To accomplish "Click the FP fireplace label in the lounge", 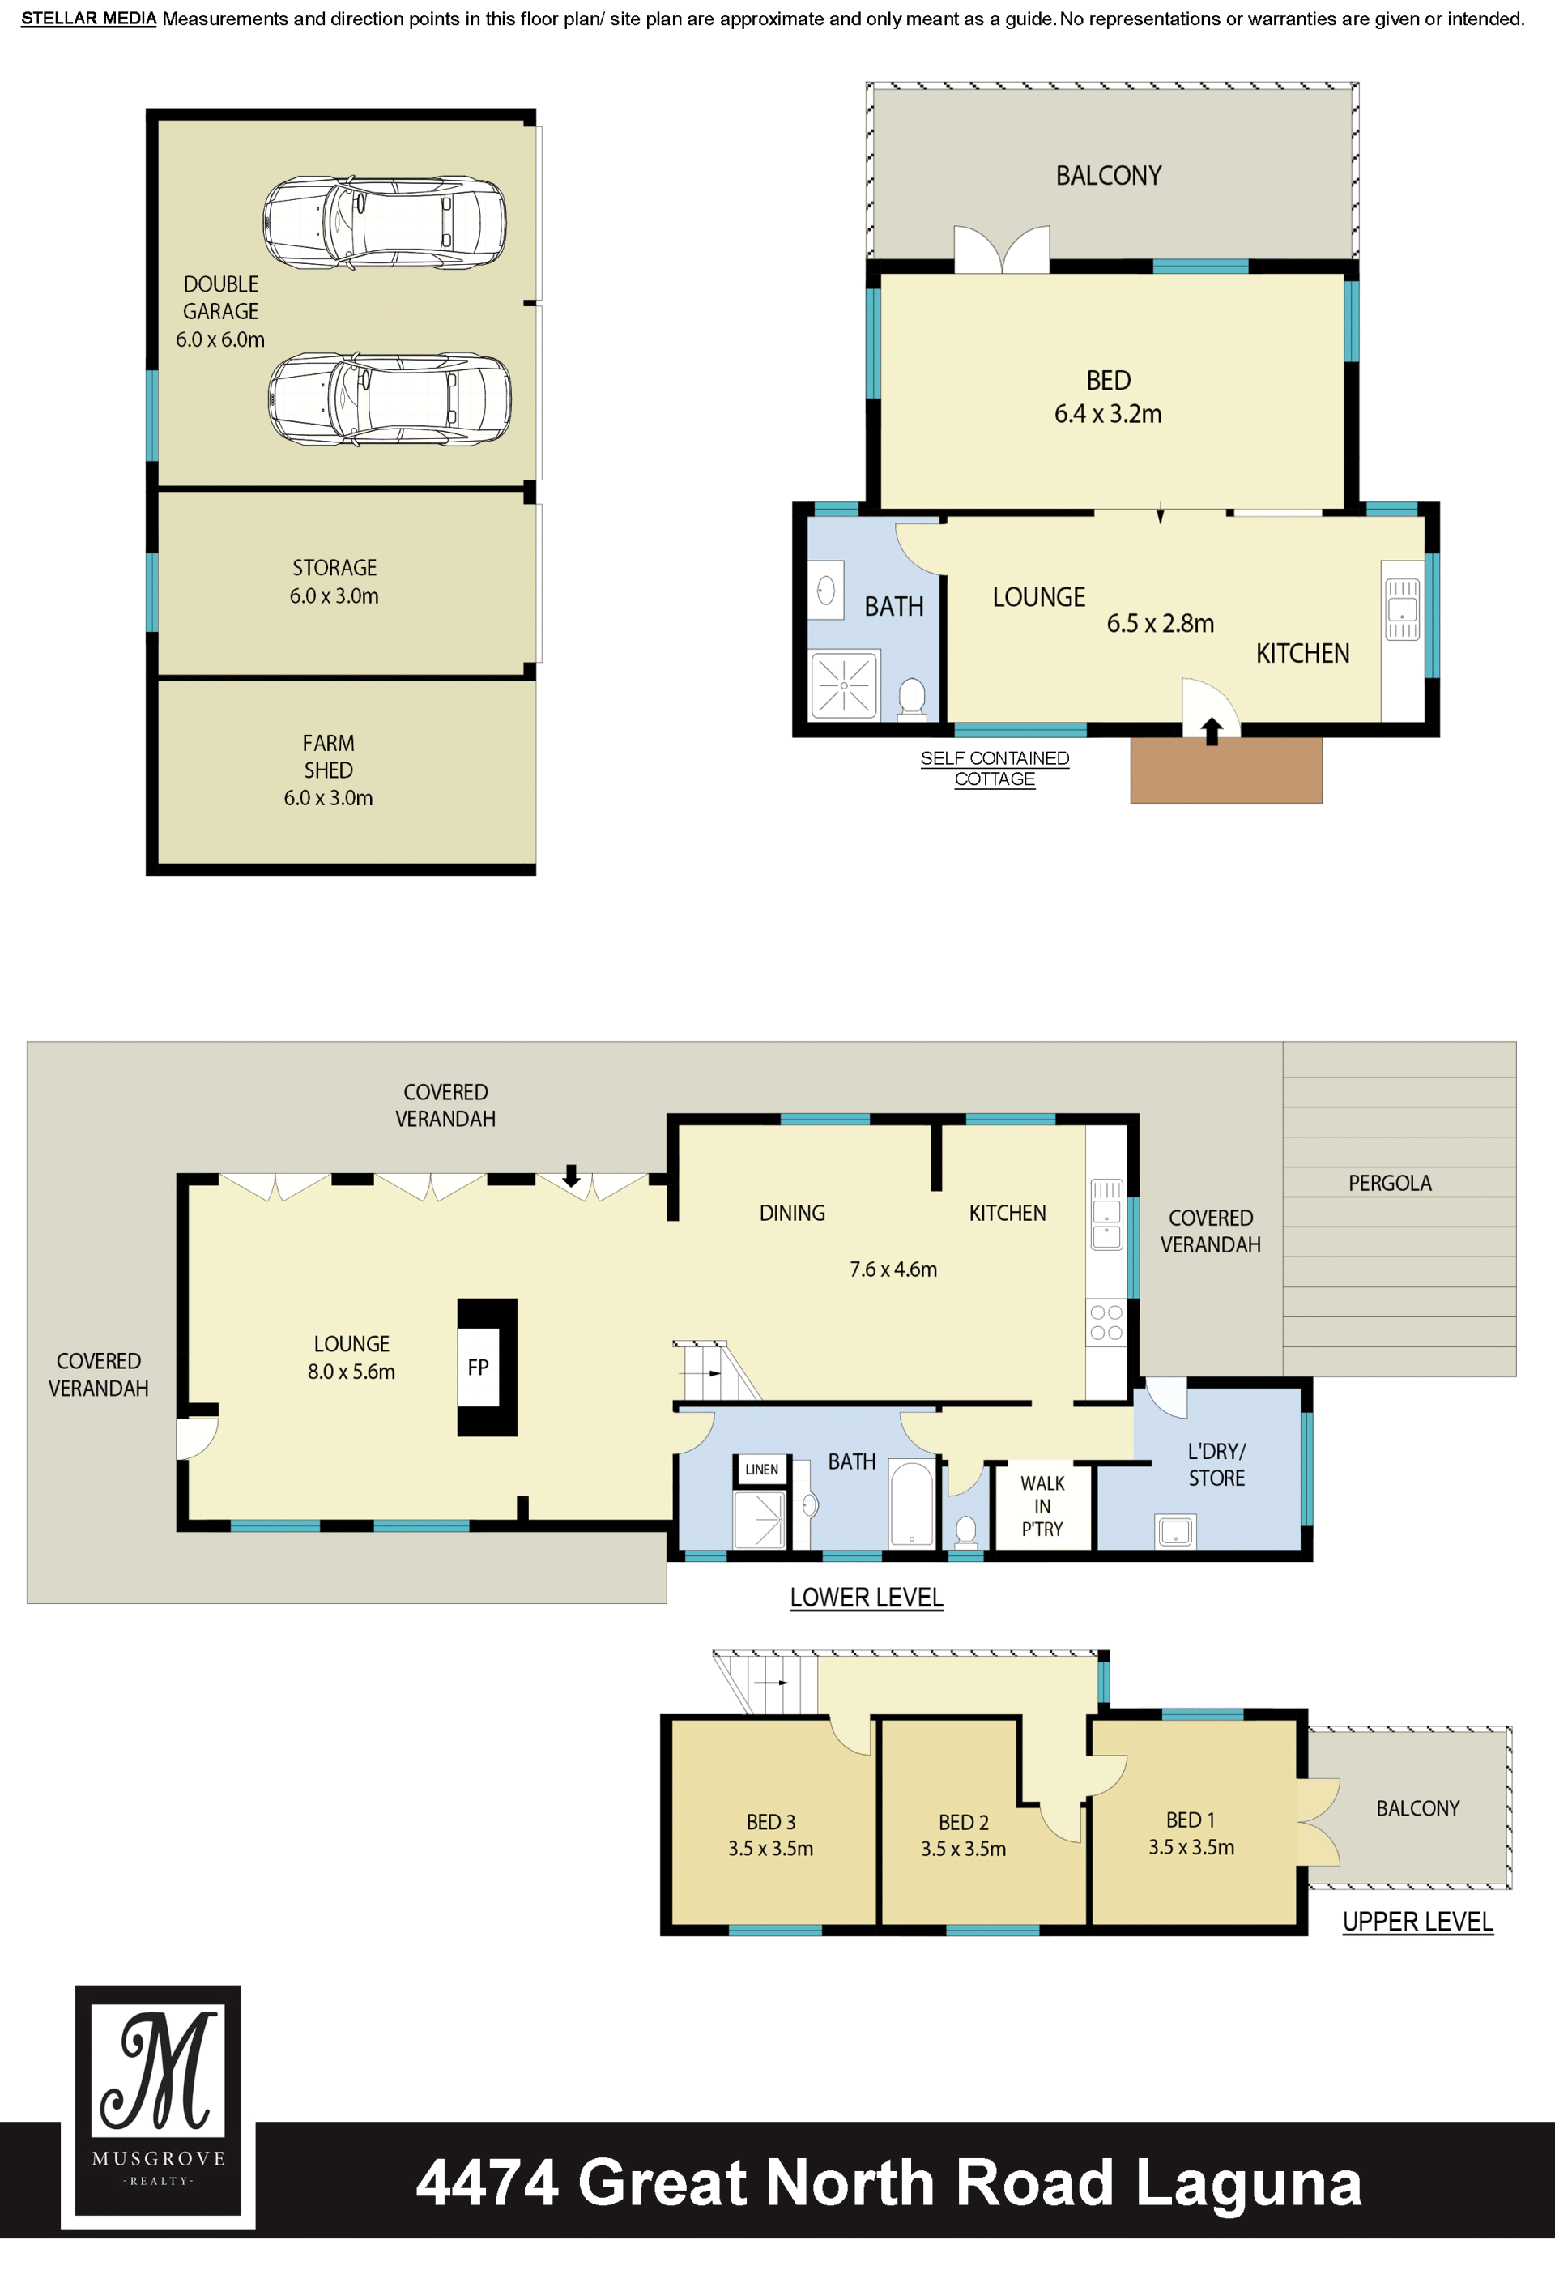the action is click(x=478, y=1368).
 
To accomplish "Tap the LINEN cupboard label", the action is click(x=762, y=1469).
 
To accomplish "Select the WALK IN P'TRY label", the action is click(x=1042, y=1506).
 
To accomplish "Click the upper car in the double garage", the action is click(x=385, y=223).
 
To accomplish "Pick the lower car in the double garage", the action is click(x=389, y=399).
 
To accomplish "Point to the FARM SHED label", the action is click(x=328, y=757).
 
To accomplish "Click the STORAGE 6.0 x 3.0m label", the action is click(x=334, y=581).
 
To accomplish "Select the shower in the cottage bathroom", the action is click(x=844, y=685).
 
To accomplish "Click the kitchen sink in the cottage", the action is click(x=1403, y=608).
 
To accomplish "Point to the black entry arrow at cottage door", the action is click(x=1212, y=732).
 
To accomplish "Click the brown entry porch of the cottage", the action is click(x=1226, y=770).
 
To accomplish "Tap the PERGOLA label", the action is click(x=1390, y=1183).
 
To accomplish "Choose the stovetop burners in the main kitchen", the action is click(x=1106, y=1322).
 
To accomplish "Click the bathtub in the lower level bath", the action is click(x=912, y=1504).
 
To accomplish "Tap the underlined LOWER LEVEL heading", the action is click(x=867, y=1598).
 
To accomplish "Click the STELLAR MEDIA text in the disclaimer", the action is click(x=89, y=19).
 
